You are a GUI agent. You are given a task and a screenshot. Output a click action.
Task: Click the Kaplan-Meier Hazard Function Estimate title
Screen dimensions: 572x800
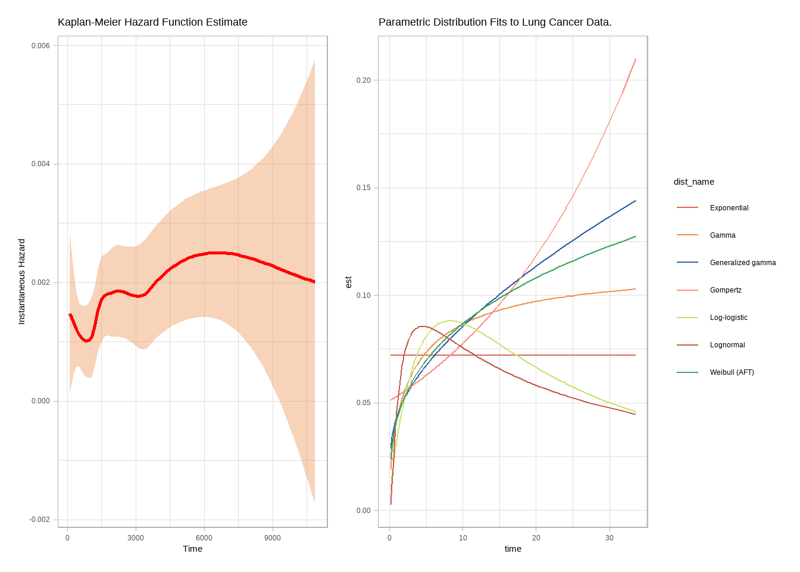pos(152,22)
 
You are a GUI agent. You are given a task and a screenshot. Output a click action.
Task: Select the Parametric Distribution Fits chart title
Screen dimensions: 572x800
pos(495,22)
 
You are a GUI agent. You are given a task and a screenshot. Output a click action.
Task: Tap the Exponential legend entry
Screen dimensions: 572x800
pos(729,208)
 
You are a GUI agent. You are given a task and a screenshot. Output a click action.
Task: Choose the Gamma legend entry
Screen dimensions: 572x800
pos(723,235)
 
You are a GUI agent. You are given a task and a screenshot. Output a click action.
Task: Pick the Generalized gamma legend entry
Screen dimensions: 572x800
pos(742,263)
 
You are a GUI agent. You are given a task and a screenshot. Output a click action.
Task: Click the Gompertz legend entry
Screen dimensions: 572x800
pos(726,290)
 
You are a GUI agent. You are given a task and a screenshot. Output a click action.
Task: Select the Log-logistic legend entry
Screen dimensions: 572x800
pos(729,318)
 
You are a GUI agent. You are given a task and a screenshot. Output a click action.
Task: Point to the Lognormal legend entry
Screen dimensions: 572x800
pos(727,345)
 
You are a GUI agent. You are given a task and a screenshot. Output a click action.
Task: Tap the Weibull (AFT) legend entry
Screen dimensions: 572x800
pos(732,372)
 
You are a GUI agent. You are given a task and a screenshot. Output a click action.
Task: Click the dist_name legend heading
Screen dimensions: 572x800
pos(693,182)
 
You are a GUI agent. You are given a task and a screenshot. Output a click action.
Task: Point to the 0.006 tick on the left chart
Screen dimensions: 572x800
pos(40,46)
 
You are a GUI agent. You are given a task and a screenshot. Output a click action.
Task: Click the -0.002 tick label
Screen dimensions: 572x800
pos(39,520)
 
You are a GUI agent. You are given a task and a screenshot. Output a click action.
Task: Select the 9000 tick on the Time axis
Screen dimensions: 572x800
pos(273,538)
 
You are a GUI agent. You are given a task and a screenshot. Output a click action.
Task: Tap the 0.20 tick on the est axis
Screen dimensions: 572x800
pos(363,80)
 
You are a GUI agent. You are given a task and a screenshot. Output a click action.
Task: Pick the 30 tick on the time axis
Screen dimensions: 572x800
pos(610,538)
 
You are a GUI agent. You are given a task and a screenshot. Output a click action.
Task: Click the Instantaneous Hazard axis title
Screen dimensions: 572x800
pos(22,281)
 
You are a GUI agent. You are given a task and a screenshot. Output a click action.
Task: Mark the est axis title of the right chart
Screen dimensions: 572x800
pos(349,282)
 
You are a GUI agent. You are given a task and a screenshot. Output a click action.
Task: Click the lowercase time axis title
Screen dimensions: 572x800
pos(512,549)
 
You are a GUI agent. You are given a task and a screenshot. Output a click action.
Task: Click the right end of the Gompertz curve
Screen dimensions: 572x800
pos(636,59)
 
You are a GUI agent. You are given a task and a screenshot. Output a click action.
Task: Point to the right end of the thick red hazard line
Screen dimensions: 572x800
pos(314,282)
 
